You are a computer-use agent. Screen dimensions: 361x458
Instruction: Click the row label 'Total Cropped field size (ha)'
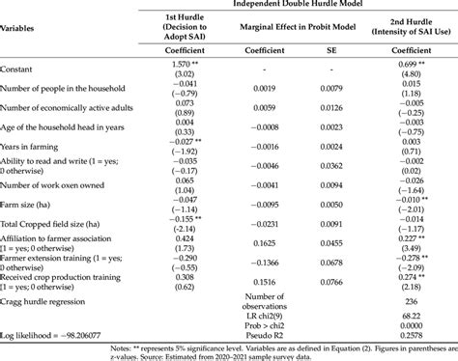tap(59, 223)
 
